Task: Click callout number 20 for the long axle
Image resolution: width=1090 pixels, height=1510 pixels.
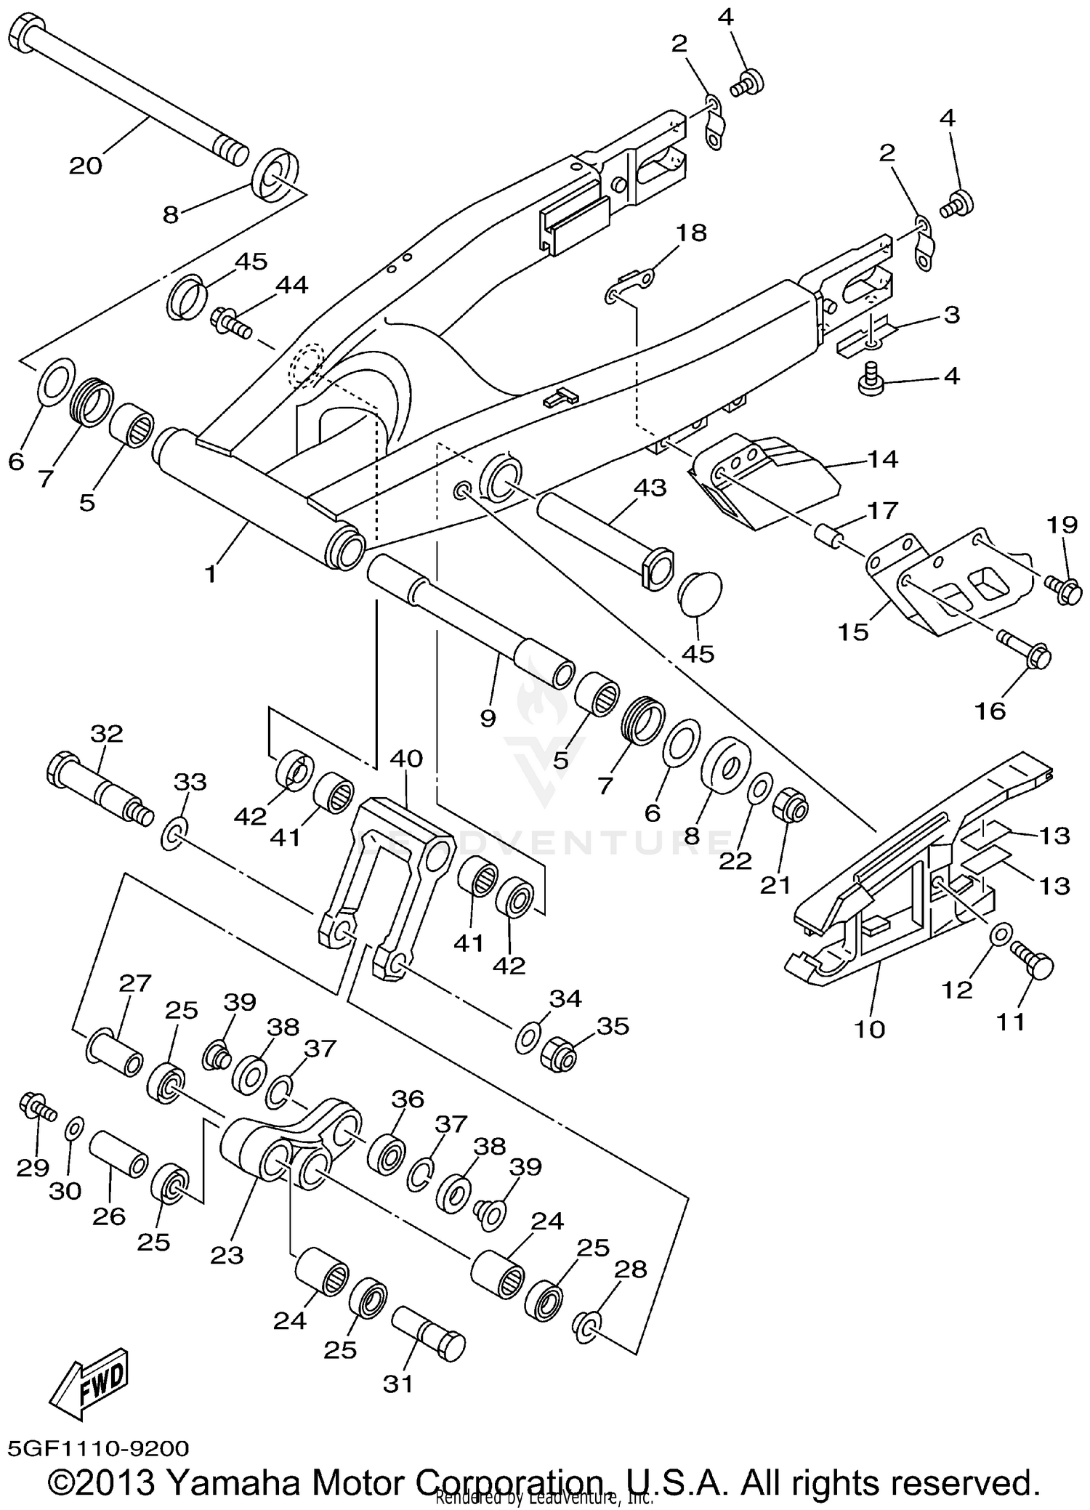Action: [x=85, y=166]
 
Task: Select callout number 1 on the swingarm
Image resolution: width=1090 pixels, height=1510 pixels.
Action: [x=210, y=574]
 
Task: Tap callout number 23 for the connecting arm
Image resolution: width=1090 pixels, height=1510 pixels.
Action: [x=226, y=1255]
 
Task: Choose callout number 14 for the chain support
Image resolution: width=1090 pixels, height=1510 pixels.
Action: [x=882, y=459]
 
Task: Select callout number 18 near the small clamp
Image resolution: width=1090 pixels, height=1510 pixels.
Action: [x=691, y=233]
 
